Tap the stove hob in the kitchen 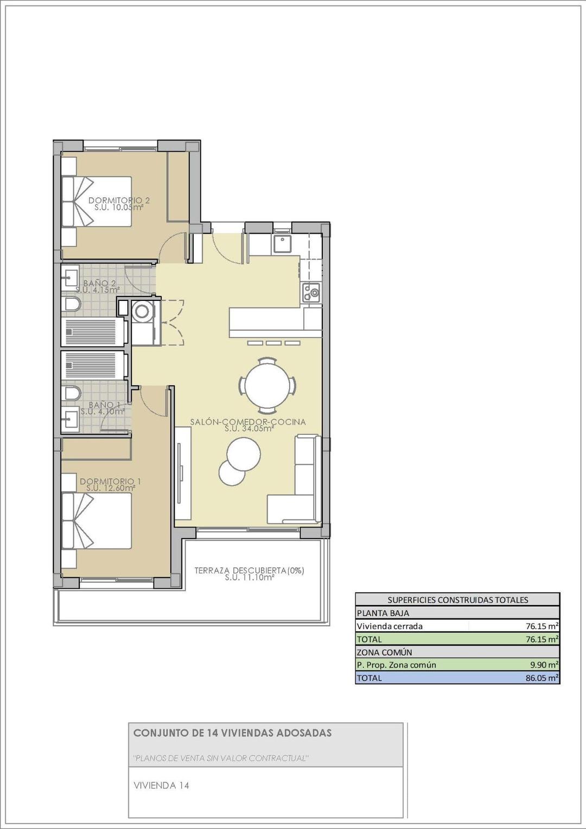point(311,293)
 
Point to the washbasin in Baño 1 point(69,419)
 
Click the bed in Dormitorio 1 point(97,520)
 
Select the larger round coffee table point(244,454)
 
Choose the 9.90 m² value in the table point(544,665)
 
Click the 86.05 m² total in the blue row point(542,678)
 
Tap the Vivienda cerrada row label point(389,626)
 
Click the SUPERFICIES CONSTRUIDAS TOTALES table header point(457,600)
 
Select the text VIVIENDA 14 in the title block point(161,785)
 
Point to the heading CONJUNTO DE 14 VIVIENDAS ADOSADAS point(232,733)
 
